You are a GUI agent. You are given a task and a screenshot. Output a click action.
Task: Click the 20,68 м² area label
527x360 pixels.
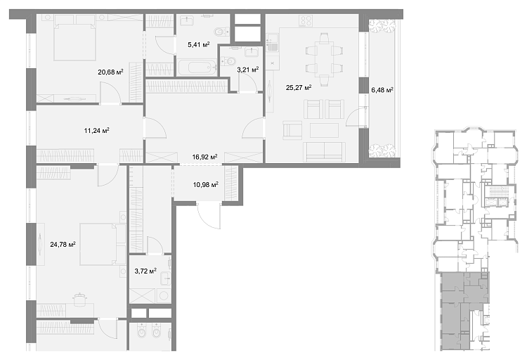(110, 72)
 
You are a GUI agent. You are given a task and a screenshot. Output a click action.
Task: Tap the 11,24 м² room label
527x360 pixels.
(96, 131)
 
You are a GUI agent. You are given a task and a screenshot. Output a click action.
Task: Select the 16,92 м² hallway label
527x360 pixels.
(204, 157)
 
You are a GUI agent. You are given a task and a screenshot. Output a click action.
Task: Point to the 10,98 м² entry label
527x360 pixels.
(206, 184)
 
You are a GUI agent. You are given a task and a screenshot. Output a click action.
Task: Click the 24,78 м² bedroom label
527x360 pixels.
(63, 244)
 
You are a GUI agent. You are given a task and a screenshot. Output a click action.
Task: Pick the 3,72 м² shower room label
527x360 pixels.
(145, 271)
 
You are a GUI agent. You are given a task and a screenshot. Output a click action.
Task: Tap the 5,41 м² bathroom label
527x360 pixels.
(199, 44)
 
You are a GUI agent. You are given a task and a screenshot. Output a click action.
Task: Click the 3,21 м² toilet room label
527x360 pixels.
(248, 70)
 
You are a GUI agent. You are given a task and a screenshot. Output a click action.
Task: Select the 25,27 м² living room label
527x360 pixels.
(299, 88)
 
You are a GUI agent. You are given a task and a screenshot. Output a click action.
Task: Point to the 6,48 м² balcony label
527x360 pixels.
(382, 90)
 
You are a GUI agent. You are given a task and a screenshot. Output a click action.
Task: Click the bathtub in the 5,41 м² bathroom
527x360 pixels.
(197, 67)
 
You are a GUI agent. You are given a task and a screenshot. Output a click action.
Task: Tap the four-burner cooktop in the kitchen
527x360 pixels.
(306, 21)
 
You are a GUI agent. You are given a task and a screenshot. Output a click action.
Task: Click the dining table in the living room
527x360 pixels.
(324, 59)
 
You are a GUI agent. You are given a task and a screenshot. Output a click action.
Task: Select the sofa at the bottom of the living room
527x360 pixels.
(325, 152)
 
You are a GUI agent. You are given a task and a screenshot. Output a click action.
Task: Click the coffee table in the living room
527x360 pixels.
(324, 130)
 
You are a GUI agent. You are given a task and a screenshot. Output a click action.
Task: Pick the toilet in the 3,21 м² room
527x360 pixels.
(230, 61)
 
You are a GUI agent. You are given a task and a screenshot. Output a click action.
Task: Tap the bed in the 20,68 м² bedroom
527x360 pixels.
(74, 37)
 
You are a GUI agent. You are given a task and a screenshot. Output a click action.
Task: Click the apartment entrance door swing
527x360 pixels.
(209, 216)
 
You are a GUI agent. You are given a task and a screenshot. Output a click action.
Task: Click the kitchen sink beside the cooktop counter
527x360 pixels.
(272, 42)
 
